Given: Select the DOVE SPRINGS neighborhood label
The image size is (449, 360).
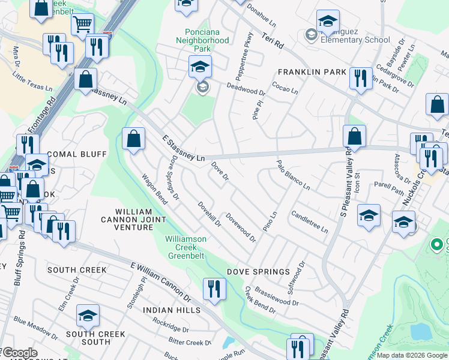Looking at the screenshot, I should (258, 272).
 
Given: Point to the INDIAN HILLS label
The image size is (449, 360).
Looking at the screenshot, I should (172, 310).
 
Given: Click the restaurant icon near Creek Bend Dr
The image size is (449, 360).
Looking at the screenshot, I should (214, 289).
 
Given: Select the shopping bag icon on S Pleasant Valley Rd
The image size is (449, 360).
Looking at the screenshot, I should (355, 136).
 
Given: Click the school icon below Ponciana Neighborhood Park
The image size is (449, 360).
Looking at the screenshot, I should (200, 66).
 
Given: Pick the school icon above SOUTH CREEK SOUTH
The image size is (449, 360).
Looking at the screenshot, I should (88, 316).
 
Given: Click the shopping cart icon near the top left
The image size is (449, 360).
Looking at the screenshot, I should (82, 25).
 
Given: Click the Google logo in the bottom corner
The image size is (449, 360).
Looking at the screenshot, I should (19, 353).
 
